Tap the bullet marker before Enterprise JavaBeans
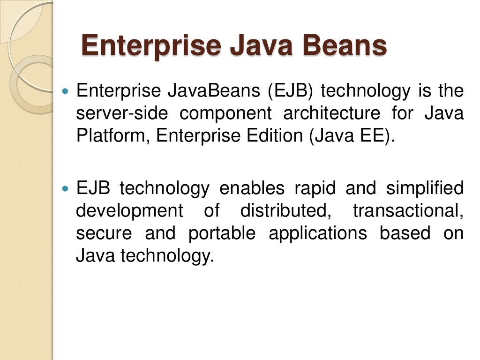coord(66,89)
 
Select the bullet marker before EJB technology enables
coord(66,188)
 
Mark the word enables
coord(252,188)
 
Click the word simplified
coord(425,188)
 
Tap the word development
coord(129,211)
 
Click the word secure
coord(104,233)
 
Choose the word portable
coord(222,233)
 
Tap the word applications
coord(318,233)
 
